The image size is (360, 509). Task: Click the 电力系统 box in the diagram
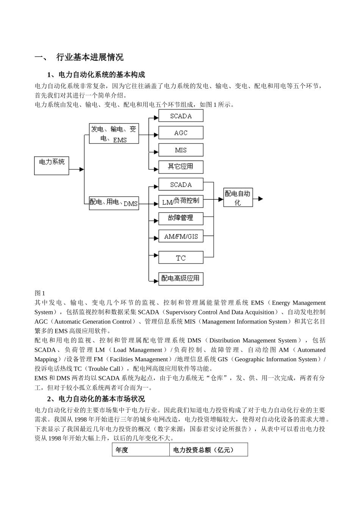[52, 166]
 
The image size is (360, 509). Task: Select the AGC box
[181, 133]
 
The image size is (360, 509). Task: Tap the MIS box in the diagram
[181, 150]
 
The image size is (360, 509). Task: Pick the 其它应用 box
[181, 167]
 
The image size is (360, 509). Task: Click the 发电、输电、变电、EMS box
[114, 134]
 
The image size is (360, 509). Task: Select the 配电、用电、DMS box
[114, 203]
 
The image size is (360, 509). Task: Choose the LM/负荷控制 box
[181, 201]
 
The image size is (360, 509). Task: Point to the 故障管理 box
[181, 219]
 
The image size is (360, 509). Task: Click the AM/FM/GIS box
[181, 236]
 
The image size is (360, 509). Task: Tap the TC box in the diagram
[181, 258]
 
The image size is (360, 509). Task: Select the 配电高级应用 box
[181, 278]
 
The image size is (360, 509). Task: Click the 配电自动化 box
[238, 198]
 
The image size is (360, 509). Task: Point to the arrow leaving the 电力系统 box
[77, 169]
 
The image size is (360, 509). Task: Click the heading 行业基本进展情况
[90, 58]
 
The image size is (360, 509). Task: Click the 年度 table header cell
[141, 450]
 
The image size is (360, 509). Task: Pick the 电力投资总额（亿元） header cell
[208, 450]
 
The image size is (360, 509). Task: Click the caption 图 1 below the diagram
[40, 293]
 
